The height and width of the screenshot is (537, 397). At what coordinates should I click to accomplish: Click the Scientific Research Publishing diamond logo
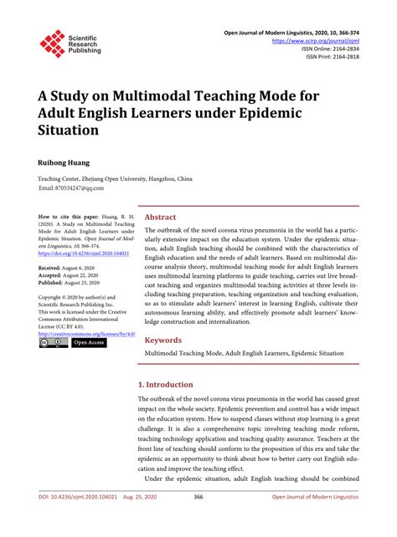click(x=53, y=44)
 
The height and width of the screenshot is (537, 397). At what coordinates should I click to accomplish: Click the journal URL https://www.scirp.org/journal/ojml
click(x=314, y=39)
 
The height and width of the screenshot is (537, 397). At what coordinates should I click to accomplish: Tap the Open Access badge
click(x=88, y=342)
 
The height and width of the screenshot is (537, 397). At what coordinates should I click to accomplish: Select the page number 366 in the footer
click(x=198, y=519)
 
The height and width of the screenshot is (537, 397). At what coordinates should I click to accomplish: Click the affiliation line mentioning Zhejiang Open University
click(x=114, y=179)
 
